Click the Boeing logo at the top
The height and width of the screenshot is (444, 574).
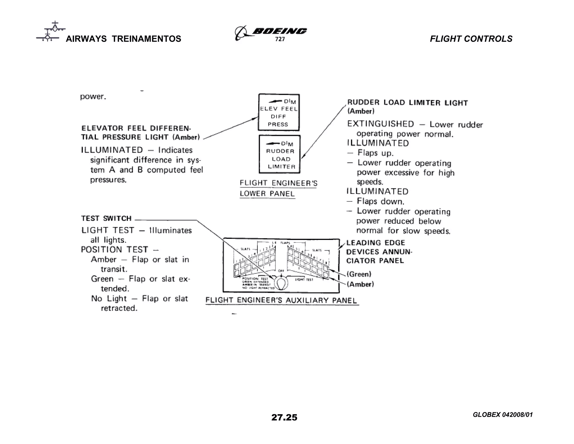click(271, 32)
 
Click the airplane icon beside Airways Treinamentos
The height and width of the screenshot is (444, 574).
click(50, 31)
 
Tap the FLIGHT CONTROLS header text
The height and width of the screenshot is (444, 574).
click(471, 39)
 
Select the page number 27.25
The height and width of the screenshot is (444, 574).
click(284, 417)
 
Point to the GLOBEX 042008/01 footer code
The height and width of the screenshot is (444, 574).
click(503, 415)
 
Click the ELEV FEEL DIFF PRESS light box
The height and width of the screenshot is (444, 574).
click(279, 112)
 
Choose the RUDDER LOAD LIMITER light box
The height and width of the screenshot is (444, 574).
click(279, 154)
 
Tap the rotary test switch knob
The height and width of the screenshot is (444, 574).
click(281, 283)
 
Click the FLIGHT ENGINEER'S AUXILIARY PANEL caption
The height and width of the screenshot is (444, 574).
click(281, 300)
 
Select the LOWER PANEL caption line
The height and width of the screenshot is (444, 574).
click(267, 194)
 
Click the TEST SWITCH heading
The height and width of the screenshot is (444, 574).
click(106, 218)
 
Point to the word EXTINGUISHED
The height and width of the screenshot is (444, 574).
click(380, 124)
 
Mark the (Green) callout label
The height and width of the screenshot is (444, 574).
click(359, 274)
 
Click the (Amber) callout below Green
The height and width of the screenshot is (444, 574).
click(360, 284)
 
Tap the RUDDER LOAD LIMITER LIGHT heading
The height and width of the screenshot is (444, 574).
click(408, 103)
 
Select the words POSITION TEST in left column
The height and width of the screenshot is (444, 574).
click(114, 250)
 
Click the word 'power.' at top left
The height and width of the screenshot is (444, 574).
click(93, 97)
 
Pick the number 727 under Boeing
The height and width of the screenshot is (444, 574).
click(280, 39)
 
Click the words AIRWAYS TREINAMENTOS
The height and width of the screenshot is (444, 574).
click(123, 39)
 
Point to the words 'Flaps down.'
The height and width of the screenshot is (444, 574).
click(380, 201)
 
